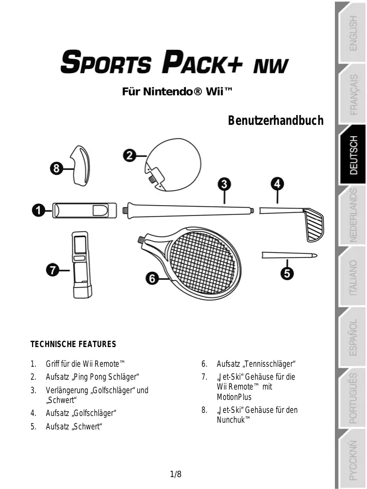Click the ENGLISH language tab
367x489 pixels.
[353, 33]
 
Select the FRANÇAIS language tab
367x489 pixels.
[353, 94]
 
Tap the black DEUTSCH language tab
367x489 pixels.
[353, 155]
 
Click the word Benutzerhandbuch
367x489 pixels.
[275, 121]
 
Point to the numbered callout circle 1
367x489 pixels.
[37, 210]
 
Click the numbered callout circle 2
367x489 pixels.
[129, 155]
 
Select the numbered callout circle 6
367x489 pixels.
[152, 279]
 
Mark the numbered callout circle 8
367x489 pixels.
[57, 168]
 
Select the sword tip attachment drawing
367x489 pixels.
[289, 255]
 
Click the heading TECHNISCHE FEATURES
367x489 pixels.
[74, 344]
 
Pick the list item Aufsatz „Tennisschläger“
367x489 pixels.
[256, 363]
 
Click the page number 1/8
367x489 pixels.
[176, 474]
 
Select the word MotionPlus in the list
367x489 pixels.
[234, 397]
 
